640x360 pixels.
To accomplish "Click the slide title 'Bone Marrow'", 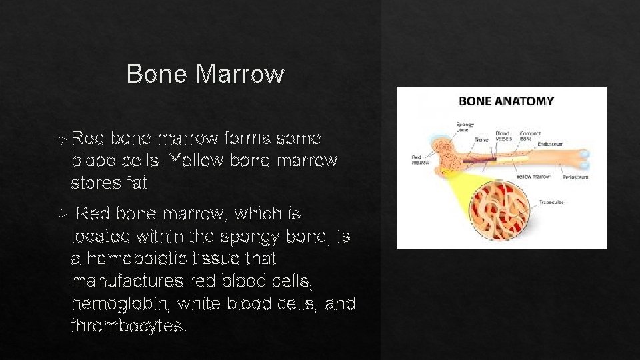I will (205, 74).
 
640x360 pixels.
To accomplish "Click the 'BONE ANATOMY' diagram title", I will (506, 101).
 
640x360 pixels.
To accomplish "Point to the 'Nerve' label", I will (481, 139).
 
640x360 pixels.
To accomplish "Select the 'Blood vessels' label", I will (503, 136).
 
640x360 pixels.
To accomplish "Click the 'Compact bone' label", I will (529, 136).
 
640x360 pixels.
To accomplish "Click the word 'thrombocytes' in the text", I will (128, 326).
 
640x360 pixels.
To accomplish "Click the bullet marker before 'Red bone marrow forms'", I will (62, 139).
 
